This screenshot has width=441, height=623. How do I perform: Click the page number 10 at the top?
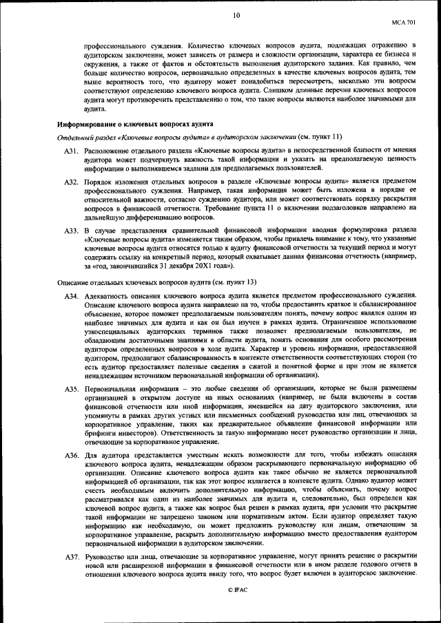[x=236, y=14]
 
